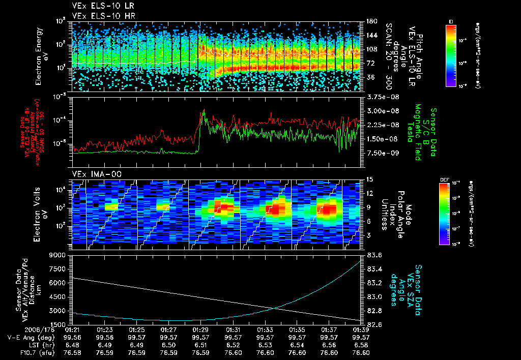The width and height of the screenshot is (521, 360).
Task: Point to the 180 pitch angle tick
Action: [x=367, y=21]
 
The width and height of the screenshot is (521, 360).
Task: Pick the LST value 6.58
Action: [x=361, y=345]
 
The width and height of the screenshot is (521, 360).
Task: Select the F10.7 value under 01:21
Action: [x=72, y=352]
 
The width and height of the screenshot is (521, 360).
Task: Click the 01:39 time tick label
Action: [x=361, y=329]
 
